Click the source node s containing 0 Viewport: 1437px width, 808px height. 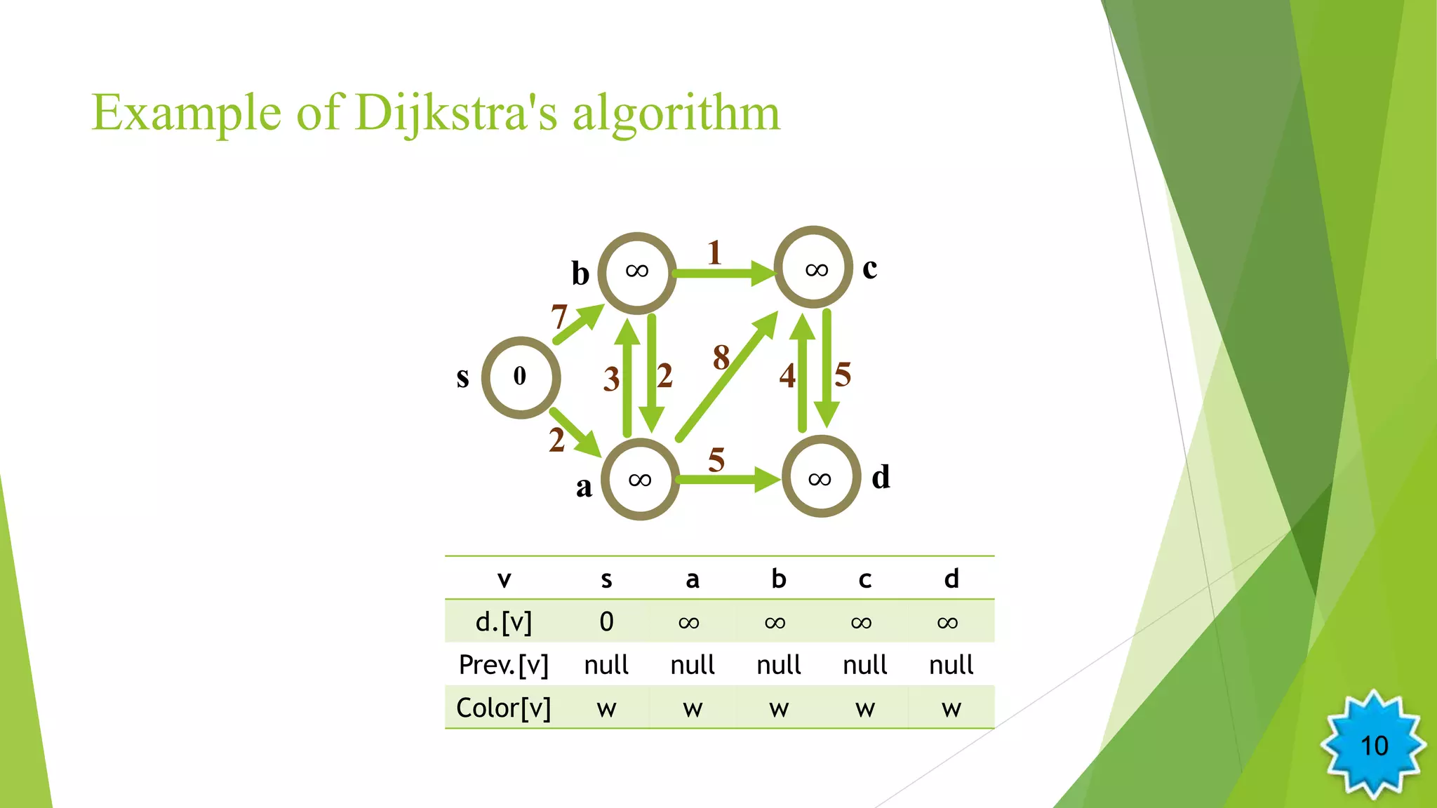[521, 377]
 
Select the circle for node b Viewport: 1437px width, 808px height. [637, 272]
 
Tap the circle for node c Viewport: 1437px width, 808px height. [813, 267]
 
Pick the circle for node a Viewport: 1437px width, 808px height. [640, 480]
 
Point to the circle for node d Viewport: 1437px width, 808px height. [821, 477]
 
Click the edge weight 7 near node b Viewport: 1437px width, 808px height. [559, 316]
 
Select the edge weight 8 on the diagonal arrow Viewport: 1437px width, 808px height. [721, 358]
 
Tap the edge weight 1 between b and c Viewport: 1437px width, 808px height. [714, 252]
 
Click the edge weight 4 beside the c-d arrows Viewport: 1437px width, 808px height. [787, 376]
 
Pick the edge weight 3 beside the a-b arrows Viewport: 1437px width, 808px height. [611, 379]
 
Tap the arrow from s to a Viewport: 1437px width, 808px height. [575, 432]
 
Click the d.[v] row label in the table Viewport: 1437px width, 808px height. [504, 621]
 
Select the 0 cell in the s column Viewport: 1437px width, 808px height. [606, 621]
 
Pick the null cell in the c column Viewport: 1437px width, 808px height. [864, 664]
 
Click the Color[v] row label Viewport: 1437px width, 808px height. [504, 708]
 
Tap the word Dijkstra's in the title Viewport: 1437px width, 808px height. [456, 112]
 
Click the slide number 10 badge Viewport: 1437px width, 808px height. [1374, 745]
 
